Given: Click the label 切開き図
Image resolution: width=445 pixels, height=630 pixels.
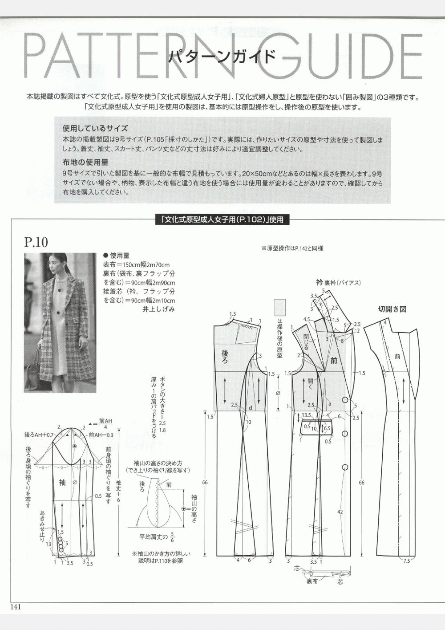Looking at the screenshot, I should [x=392, y=309].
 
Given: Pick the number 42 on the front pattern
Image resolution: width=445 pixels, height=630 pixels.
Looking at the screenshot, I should [x=340, y=512].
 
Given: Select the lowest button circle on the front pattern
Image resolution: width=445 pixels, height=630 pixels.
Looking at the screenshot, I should [x=345, y=467].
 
